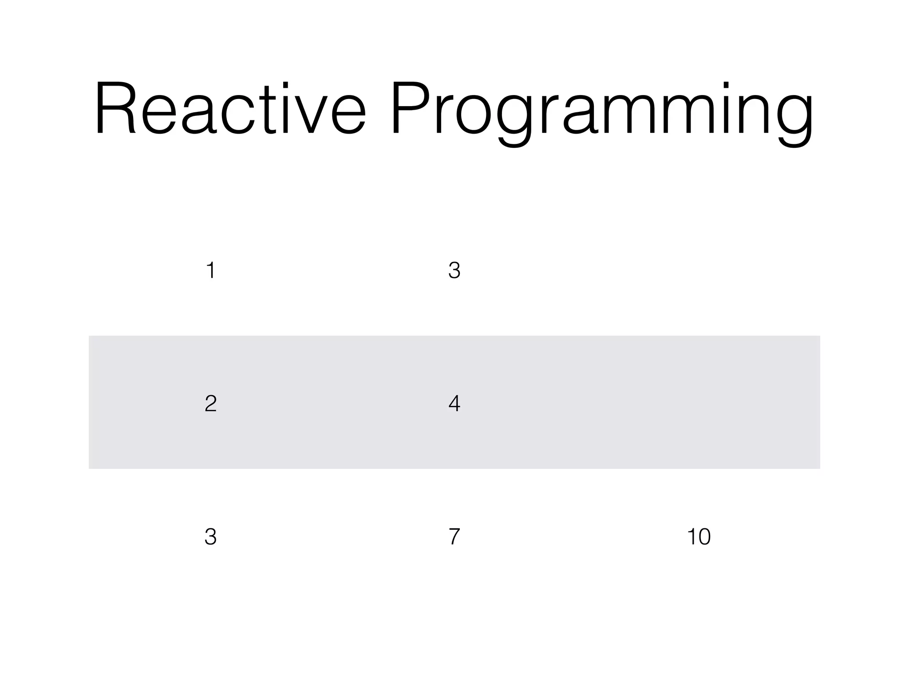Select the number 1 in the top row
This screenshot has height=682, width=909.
tap(211, 270)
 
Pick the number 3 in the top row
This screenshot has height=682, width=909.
tap(454, 270)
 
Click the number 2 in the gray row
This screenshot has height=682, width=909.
tap(211, 403)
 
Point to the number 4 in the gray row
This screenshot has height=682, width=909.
tap(454, 403)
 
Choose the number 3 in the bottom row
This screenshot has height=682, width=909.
tap(211, 536)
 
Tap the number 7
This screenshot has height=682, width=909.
tap(454, 536)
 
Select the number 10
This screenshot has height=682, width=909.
tap(699, 536)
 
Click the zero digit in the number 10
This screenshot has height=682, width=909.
tap(703, 536)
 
